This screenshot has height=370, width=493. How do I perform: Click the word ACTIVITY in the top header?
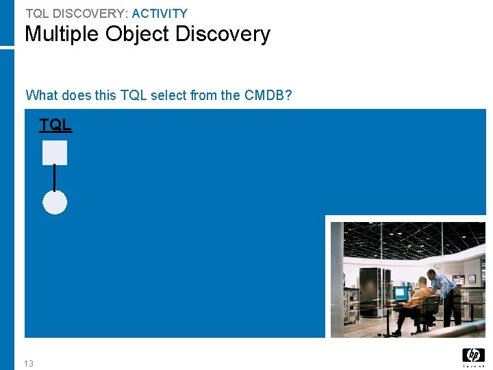click(160, 13)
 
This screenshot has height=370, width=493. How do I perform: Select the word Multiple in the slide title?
click(62, 34)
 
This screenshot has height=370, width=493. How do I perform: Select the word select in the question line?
click(168, 95)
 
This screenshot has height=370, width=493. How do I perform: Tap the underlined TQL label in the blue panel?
click(55, 125)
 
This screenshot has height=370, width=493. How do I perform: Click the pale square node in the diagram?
click(55, 152)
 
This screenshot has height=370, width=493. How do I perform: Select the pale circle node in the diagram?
click(55, 202)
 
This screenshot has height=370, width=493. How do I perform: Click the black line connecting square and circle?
click(55, 177)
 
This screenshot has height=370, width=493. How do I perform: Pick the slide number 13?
click(28, 363)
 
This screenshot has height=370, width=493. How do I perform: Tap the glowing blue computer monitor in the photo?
click(401, 293)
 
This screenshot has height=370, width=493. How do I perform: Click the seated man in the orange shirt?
click(419, 300)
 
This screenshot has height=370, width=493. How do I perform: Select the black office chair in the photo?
click(430, 312)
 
